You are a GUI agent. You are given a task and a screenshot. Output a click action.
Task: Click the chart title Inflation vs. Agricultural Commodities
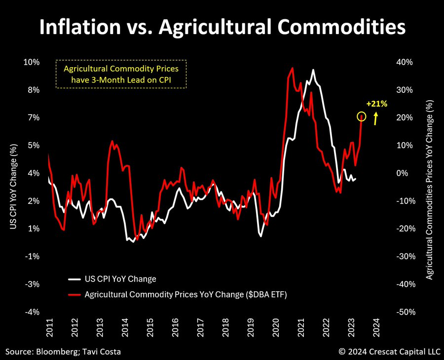click(222, 27)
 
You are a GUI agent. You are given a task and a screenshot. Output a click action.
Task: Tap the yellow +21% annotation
click(377, 104)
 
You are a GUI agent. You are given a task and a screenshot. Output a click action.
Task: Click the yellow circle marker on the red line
click(362, 117)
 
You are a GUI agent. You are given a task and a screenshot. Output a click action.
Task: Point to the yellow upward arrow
click(376, 118)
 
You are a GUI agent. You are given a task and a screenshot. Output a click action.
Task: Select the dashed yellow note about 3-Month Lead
click(121, 75)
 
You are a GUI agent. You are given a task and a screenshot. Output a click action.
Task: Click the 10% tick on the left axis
click(32, 62)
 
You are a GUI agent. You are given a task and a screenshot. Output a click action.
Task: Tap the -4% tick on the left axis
click(32, 312)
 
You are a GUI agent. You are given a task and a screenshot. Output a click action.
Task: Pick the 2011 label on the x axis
click(49, 328)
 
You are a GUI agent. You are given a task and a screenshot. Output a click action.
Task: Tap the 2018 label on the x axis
click(226, 328)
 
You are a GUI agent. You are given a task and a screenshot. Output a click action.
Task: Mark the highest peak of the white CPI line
click(313, 70)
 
